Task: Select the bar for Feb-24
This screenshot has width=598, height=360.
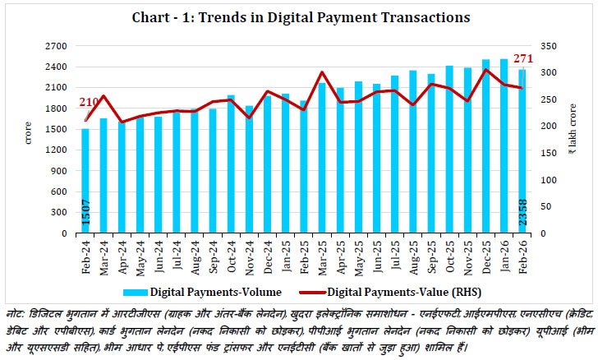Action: tap(85, 181)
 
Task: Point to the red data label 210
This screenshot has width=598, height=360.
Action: tap(90, 102)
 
